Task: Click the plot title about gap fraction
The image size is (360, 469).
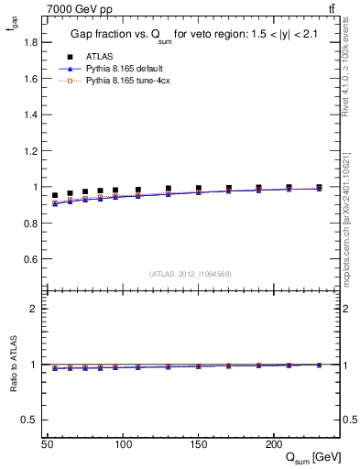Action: tap(188, 35)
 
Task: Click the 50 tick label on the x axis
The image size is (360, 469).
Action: tap(48, 444)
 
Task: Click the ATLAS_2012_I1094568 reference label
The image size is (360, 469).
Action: tap(191, 274)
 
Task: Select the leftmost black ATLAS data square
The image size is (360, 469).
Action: tap(55, 195)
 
